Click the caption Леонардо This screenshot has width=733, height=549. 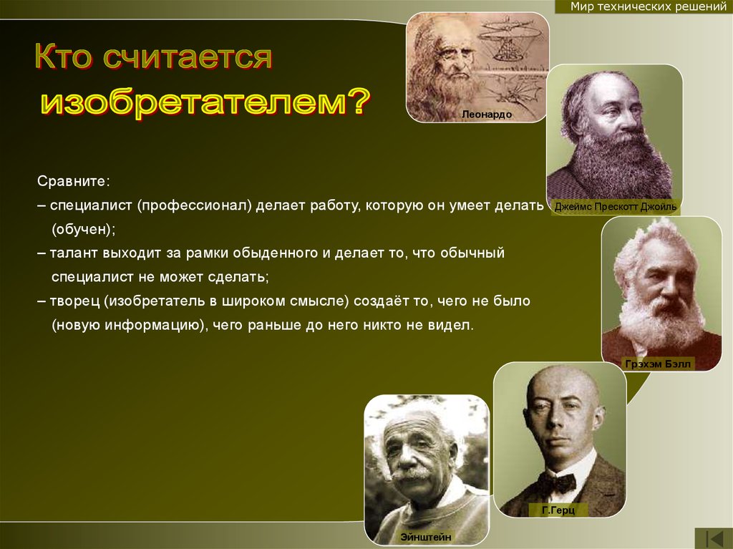487,114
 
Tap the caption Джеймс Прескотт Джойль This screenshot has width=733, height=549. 615,207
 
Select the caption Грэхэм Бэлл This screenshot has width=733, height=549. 658,364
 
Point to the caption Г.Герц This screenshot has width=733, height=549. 558,510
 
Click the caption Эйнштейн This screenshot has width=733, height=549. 426,537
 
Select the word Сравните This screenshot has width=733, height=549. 72,181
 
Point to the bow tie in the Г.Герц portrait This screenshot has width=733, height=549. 558,483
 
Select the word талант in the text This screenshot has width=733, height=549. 74,253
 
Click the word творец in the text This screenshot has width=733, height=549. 74,301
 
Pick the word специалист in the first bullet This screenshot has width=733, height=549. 91,205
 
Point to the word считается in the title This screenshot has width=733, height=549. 187,57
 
